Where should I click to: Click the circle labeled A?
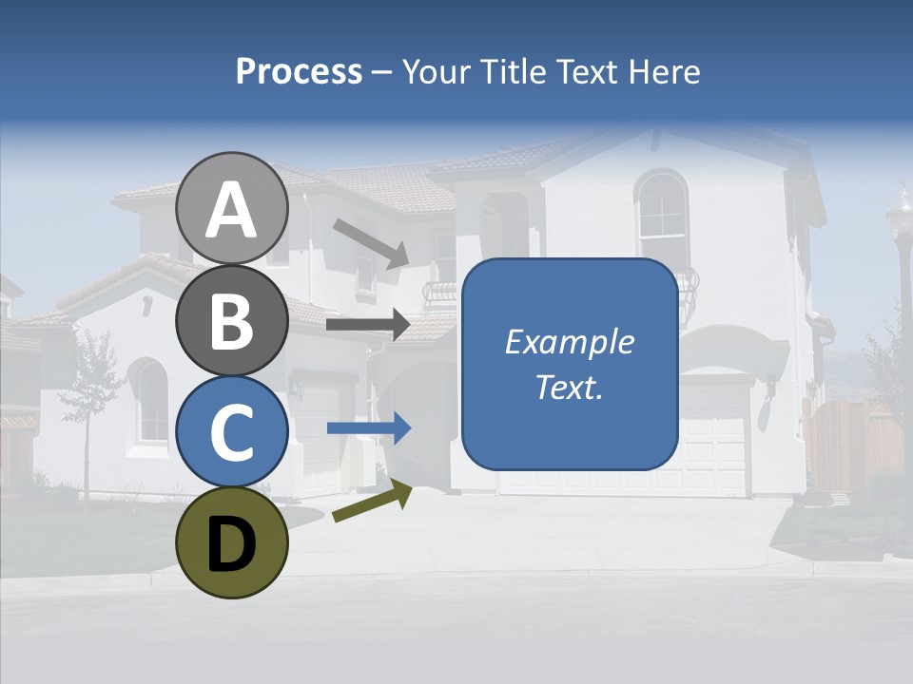click(232, 208)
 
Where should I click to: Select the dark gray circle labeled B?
click(232, 320)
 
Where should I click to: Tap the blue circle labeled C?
click(232, 431)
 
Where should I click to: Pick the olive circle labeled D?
click(232, 542)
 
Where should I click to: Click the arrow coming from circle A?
click(370, 241)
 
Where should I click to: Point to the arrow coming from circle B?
click(368, 325)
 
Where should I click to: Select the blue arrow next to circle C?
click(368, 428)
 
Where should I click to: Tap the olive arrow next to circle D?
click(372, 501)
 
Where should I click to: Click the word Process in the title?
click(299, 71)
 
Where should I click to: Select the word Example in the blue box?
click(570, 342)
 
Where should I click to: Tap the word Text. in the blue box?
click(570, 387)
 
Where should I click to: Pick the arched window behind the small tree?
click(149, 401)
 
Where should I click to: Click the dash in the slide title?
click(382, 72)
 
